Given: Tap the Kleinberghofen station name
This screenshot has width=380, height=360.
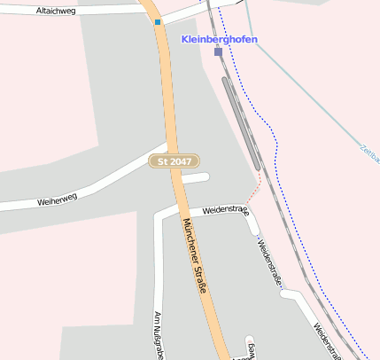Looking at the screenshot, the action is pyautogui.click(x=220, y=39).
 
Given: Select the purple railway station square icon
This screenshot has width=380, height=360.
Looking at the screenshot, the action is pyautogui.click(x=218, y=51).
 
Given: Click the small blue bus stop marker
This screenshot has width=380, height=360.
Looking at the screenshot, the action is pyautogui.click(x=158, y=22).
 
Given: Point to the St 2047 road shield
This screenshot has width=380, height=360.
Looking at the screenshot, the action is pyautogui.click(x=174, y=161).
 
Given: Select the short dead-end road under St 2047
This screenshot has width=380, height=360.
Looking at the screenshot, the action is pyautogui.click(x=196, y=178).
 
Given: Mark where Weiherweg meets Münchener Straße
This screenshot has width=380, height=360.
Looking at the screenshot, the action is pyautogui.click(x=169, y=148).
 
